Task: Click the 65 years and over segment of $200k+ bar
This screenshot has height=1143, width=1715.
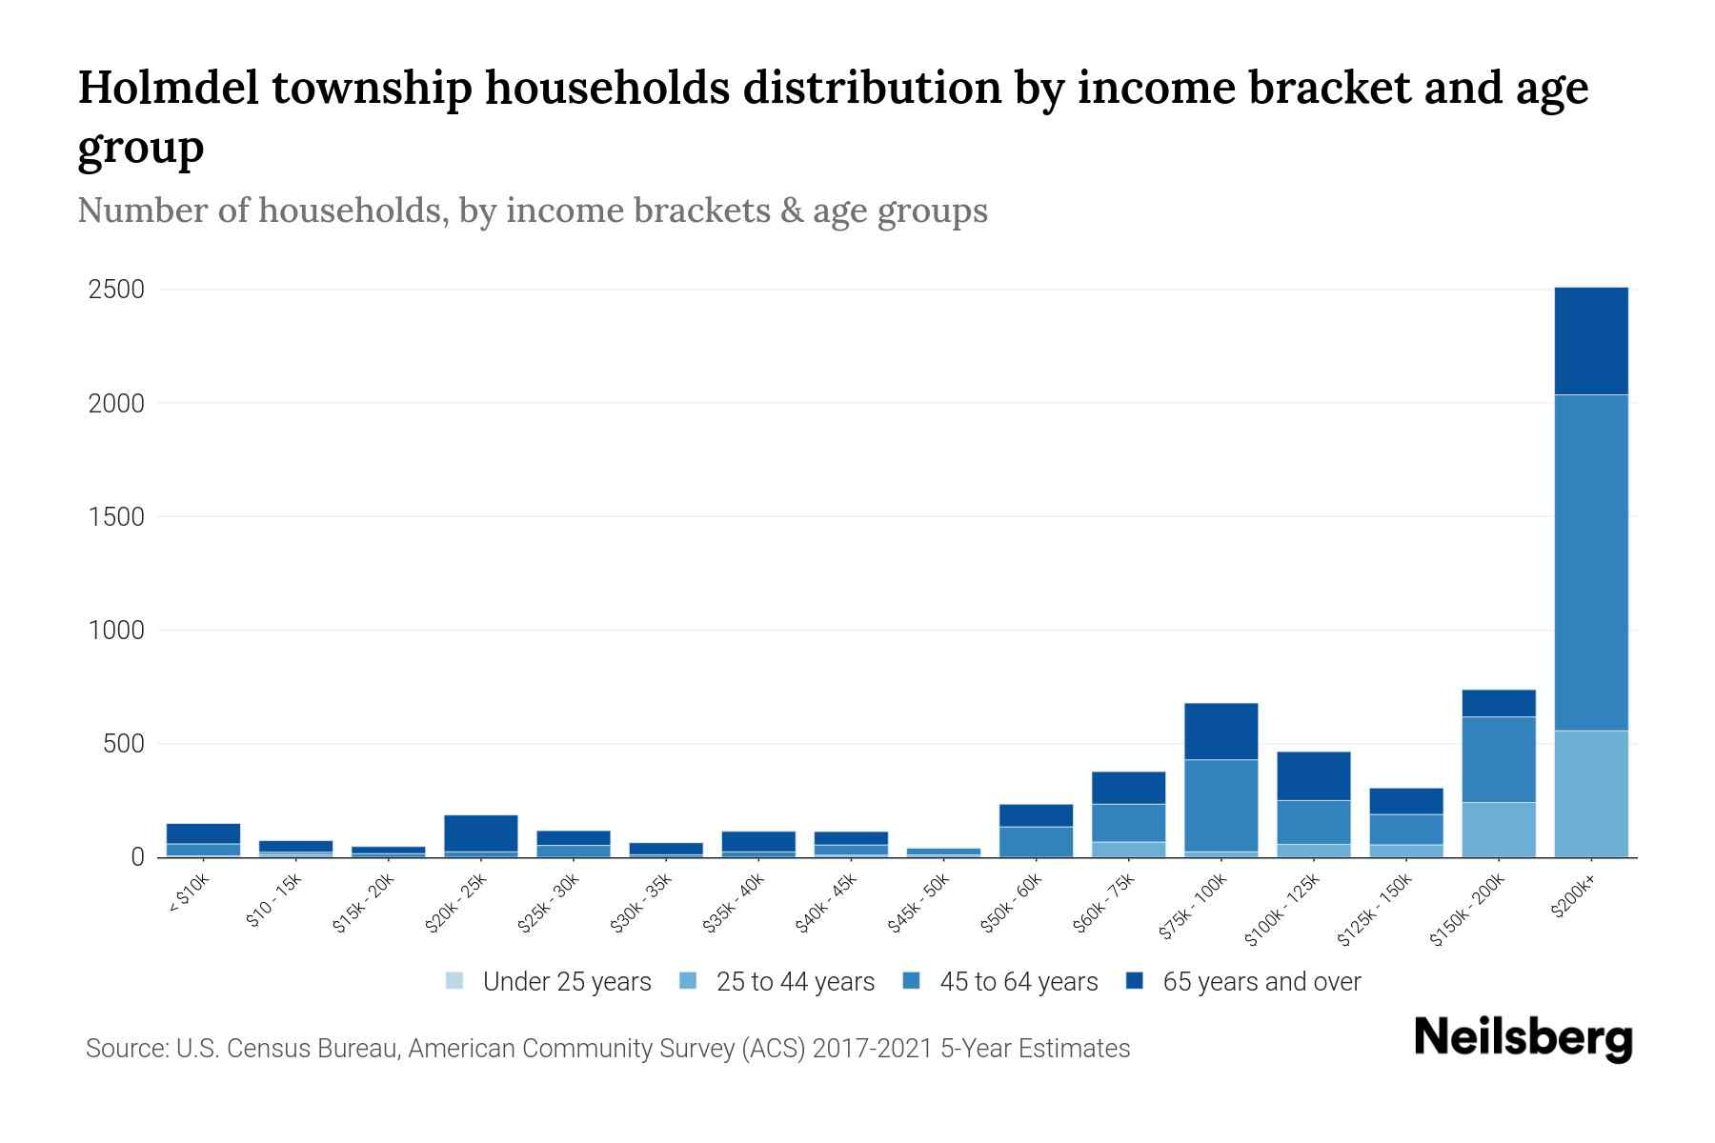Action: pos(1590,340)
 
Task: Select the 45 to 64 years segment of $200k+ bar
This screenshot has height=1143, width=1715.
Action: pos(1590,562)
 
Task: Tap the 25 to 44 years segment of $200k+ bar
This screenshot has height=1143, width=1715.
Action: pos(1590,792)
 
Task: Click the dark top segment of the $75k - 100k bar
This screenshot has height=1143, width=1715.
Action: pos(1221,731)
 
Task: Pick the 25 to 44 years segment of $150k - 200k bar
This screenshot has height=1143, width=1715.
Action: pos(1498,829)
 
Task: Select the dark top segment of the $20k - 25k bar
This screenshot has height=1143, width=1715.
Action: pos(480,832)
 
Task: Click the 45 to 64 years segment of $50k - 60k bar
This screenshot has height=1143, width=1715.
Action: pos(1036,841)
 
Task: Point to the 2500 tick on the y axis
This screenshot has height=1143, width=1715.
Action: pos(116,290)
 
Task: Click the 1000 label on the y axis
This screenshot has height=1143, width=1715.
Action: pos(116,631)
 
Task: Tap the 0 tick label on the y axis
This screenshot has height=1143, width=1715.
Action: pos(137,857)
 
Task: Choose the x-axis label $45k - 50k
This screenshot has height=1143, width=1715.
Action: pos(919,903)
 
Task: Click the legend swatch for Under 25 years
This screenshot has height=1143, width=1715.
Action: pos(454,981)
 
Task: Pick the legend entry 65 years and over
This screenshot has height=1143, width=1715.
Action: pos(1261,982)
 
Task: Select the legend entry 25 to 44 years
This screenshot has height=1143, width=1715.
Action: pos(795,982)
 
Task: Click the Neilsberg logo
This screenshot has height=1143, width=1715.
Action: pos(1523,1038)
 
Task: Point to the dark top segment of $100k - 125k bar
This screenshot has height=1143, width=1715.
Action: pos(1313,775)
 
